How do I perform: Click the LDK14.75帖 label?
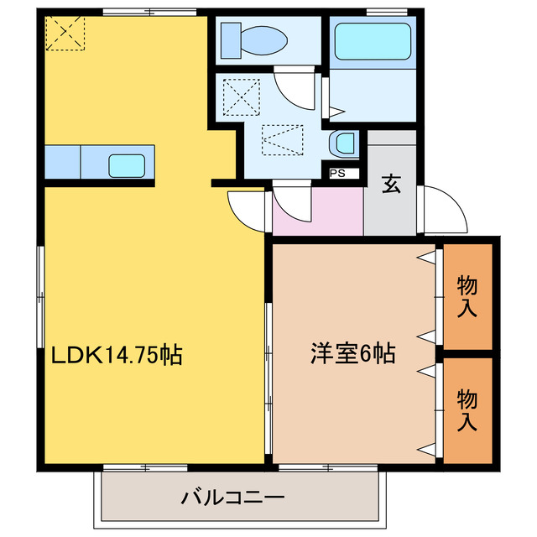(117, 354)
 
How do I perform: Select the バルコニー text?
(233, 498)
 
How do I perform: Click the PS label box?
(339, 174)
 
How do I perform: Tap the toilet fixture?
(253, 38)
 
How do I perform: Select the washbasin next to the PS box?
(344, 143)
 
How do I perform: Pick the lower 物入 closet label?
(467, 409)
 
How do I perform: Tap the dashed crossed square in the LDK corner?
(65, 33)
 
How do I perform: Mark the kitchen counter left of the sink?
(63, 160)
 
